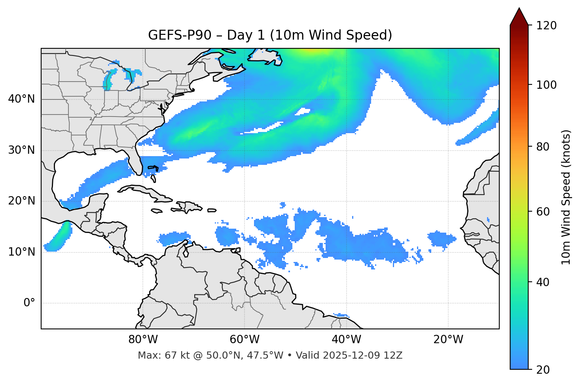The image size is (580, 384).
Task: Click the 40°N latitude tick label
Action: pos(21,99)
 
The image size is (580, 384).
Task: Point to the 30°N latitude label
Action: pos(21,150)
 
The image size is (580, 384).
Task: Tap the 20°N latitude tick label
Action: pos(21,201)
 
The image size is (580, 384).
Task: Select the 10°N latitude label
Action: pos(21,252)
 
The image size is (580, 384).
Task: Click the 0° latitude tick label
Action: pos(29,303)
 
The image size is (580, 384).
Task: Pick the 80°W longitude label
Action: pos(143,340)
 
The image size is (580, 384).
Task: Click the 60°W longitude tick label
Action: pos(245,340)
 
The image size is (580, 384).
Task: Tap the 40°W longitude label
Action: pos(346,340)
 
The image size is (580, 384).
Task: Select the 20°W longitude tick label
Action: pos(448,340)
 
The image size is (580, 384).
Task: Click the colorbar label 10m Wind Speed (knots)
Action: pos(566,197)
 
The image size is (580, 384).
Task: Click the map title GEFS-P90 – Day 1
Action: pos(270,35)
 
